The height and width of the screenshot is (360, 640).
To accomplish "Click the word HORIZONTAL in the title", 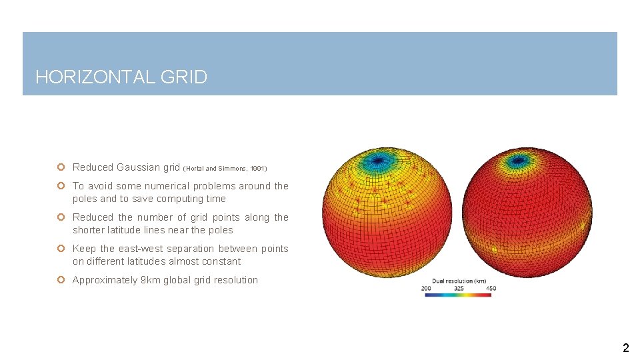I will [95, 77].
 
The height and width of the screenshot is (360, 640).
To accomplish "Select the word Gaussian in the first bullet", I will [139, 167].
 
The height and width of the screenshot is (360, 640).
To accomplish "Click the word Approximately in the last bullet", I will [104, 280].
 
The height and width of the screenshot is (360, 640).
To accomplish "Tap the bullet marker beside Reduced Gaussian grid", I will [61, 167].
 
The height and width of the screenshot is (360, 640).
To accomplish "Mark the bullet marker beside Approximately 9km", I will [61, 280].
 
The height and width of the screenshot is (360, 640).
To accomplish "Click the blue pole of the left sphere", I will [377, 160].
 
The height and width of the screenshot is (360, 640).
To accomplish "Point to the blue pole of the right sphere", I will [517, 161].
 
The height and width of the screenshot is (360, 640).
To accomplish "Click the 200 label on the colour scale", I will [426, 289].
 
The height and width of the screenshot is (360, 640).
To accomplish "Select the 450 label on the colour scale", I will [491, 289].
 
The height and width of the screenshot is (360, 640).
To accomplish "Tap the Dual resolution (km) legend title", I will [459, 281].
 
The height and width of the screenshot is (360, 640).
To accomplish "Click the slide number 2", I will [625, 347].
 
